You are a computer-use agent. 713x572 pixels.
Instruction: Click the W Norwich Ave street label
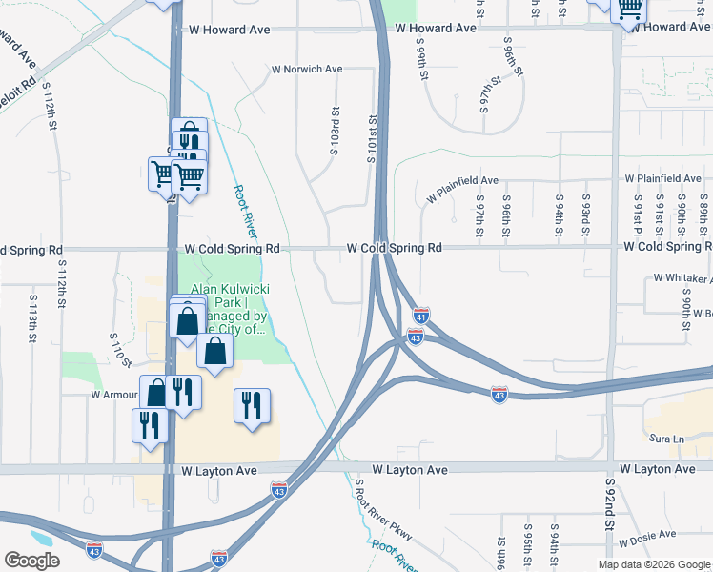click(x=307, y=70)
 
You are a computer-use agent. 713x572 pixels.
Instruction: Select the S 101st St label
click(x=373, y=139)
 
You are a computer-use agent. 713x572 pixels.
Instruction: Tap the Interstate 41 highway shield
click(x=421, y=314)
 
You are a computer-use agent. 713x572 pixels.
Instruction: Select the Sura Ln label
click(x=666, y=439)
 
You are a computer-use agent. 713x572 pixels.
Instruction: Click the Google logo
click(x=31, y=561)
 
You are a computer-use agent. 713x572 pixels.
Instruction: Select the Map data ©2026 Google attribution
click(x=653, y=564)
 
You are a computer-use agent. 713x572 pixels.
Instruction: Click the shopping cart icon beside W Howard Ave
click(x=629, y=10)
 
